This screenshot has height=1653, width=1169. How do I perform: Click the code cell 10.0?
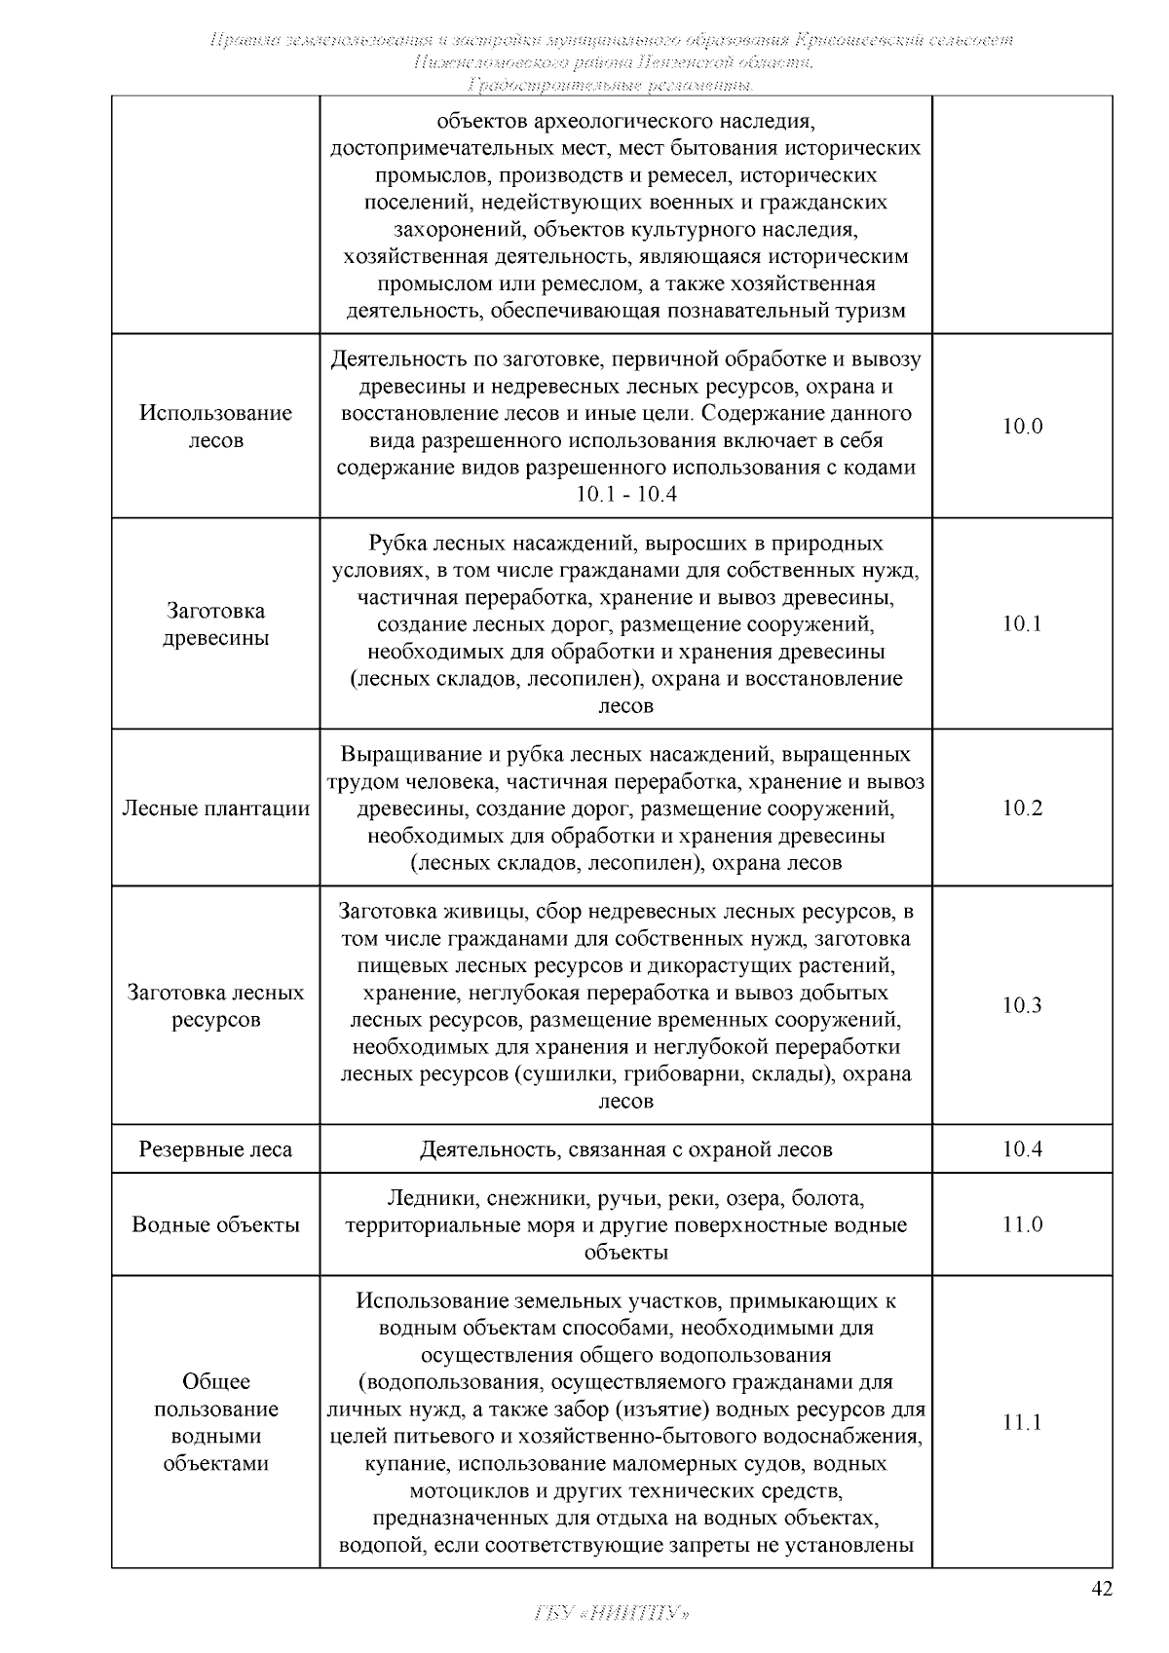[x=1022, y=426]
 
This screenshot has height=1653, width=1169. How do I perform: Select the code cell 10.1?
[x=1022, y=623]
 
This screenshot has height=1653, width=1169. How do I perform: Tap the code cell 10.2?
[x=1022, y=808]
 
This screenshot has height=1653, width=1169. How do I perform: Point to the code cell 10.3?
[x=1022, y=1005]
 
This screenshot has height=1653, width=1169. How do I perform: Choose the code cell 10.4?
[x=1022, y=1148]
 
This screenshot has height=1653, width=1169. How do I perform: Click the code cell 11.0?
[x=1022, y=1224]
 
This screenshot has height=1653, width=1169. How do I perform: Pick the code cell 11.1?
[x=1022, y=1422]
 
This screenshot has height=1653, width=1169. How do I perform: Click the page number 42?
[x=1101, y=1589]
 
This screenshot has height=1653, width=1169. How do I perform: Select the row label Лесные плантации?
[x=215, y=808]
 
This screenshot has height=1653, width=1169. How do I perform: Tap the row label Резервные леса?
[x=215, y=1148]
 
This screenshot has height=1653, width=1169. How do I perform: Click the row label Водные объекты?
[x=215, y=1224]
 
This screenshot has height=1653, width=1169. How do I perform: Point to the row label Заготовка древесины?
[x=215, y=624]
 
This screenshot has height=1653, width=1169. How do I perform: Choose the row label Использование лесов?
[x=215, y=426]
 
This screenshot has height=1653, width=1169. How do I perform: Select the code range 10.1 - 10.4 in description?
[x=625, y=494]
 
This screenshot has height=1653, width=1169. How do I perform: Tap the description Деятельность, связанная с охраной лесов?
[x=625, y=1148]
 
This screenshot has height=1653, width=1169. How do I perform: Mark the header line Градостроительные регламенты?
[x=611, y=86]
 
